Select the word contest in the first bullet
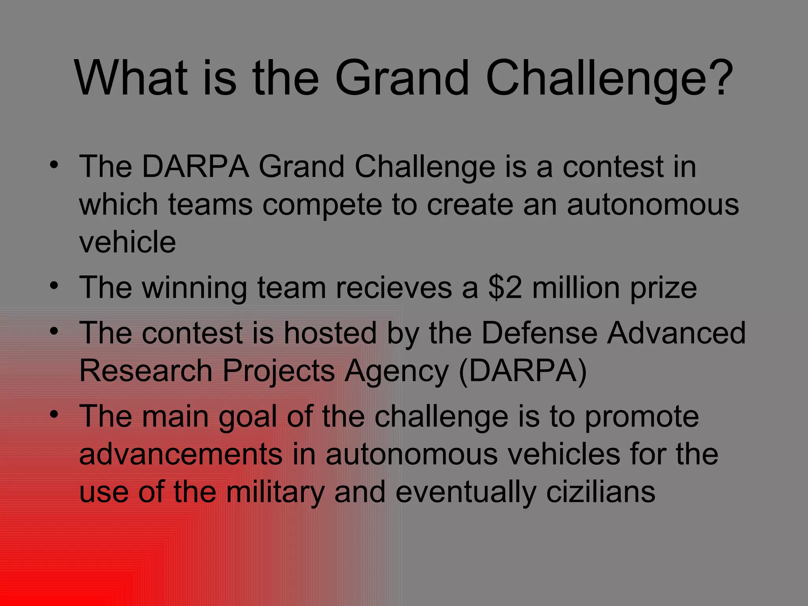tap(613, 167)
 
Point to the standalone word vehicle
tap(127, 242)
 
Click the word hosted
tap(330, 333)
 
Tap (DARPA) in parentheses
tap(523, 371)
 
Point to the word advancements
tap(181, 454)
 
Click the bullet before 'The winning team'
tap(54, 284)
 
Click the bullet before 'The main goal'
tap(54, 414)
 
